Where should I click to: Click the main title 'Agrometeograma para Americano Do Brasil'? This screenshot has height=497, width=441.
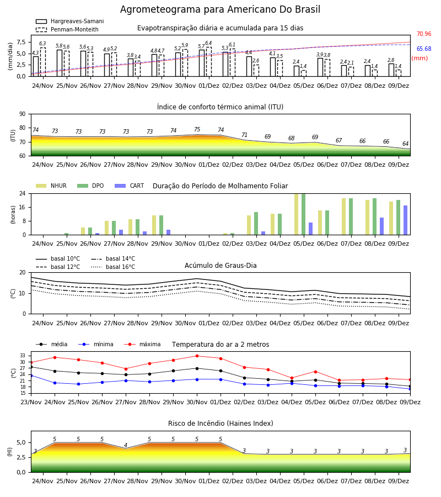220,9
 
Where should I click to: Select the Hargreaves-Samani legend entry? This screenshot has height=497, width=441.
69,21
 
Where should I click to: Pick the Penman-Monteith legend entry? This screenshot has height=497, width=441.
67,29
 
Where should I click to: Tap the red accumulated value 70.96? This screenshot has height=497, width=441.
424,34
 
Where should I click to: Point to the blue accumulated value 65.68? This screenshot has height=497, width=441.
424,49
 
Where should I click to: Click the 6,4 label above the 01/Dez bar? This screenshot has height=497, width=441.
208,43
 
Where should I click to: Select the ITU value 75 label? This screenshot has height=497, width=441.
197,129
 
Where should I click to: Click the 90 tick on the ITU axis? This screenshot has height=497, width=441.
23,114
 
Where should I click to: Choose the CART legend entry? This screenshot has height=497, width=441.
129,186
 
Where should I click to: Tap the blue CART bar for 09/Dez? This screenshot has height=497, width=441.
405,220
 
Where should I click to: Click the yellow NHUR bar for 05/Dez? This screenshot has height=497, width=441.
296,214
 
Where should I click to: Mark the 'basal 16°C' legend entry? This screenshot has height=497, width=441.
113,267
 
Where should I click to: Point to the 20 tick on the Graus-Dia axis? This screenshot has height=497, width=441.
23,273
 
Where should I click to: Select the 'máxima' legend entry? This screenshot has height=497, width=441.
142,344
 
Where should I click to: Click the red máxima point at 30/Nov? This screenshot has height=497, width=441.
197,356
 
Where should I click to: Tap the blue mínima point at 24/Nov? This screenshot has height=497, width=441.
55,383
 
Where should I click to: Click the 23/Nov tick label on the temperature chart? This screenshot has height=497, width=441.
31,402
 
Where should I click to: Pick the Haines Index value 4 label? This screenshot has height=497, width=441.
126,445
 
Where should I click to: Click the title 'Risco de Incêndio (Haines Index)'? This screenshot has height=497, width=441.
220,424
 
